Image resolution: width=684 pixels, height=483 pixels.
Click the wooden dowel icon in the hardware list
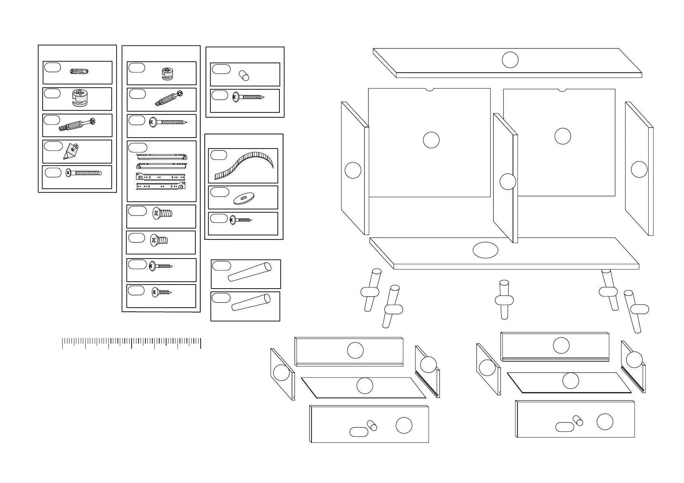point(79,72)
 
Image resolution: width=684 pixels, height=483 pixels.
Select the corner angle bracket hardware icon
point(71,151)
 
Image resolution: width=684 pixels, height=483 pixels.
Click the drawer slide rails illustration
point(162,171)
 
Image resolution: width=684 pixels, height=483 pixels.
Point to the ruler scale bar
point(131,343)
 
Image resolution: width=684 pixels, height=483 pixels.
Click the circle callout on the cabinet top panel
point(510,60)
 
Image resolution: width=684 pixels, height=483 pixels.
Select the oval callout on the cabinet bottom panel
point(485,250)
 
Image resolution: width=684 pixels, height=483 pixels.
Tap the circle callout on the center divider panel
point(507,181)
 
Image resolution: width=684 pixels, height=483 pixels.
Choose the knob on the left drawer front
point(372,425)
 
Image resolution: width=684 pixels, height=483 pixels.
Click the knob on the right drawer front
point(578,420)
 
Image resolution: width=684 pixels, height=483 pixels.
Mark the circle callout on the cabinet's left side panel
point(353,170)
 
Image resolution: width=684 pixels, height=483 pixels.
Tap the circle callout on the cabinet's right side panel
point(639,169)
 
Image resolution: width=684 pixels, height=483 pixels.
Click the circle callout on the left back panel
point(431,140)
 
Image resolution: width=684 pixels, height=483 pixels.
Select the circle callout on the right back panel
point(563,136)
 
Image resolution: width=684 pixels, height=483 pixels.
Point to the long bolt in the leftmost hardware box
point(83,173)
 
